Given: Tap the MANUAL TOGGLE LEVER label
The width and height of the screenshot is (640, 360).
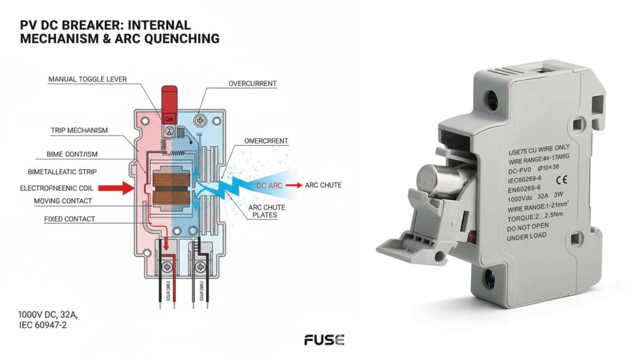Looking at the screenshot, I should click(x=87, y=79).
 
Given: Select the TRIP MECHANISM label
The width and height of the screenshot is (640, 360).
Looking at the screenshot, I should click(x=79, y=131).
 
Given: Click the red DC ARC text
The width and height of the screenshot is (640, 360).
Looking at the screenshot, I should click(x=270, y=186).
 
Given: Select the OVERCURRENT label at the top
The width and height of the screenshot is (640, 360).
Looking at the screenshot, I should click(x=252, y=83).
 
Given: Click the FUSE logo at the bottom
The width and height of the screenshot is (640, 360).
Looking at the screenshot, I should click(x=324, y=340).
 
